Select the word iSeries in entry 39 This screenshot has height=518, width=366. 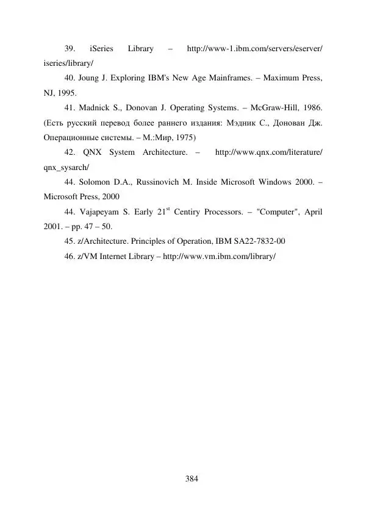coord(102,48)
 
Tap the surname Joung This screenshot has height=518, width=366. coord(91,79)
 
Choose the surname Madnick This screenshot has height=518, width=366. coord(96,108)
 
